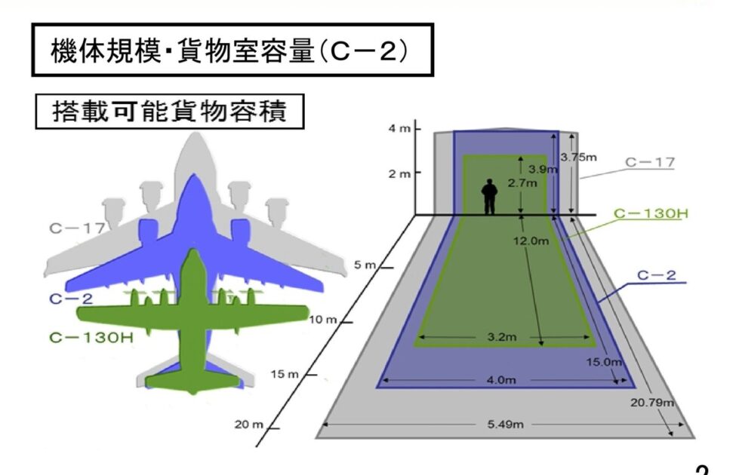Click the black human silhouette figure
point(490,196)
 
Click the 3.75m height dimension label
point(578,157)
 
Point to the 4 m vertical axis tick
point(400,129)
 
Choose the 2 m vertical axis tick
point(400,173)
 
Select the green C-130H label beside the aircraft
point(91,337)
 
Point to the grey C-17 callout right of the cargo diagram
point(650,161)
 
